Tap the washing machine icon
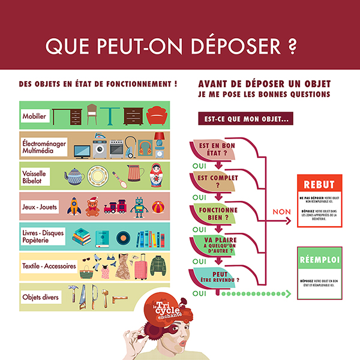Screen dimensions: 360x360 tap(100, 147)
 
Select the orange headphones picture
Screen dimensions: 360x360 tap(145, 148)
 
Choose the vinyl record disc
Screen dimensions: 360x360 tap(123, 238)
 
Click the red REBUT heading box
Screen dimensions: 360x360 tap(320, 184)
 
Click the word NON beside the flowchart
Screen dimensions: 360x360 tap(281, 212)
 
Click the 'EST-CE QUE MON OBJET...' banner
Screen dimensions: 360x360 tap(247, 119)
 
